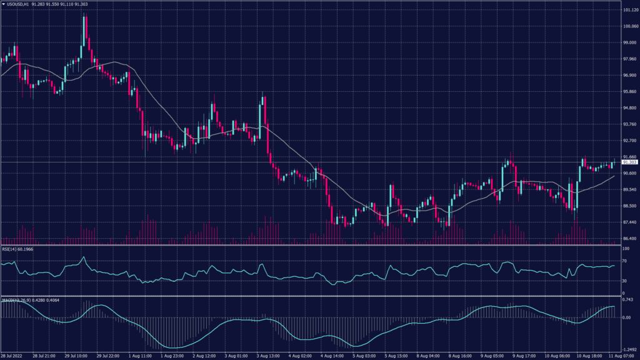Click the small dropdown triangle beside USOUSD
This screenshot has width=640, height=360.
(3, 4)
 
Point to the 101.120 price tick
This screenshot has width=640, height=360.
(627, 11)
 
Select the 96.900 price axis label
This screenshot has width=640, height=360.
(627, 76)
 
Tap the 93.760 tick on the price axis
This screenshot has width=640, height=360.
(627, 124)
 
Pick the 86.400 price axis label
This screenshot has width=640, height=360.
(627, 238)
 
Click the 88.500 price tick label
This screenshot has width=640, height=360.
(627, 206)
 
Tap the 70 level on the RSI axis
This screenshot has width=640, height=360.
(624, 261)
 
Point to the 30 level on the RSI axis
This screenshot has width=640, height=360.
(624, 282)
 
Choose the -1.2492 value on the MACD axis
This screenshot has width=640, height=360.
(627, 349)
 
